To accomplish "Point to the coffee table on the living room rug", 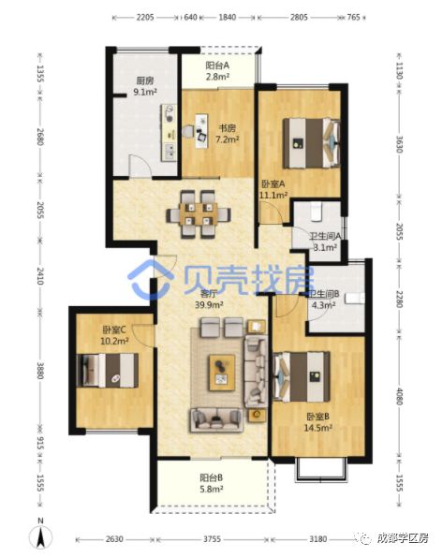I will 222,371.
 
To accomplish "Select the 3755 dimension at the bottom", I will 214,540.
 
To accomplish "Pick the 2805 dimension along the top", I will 298,17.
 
